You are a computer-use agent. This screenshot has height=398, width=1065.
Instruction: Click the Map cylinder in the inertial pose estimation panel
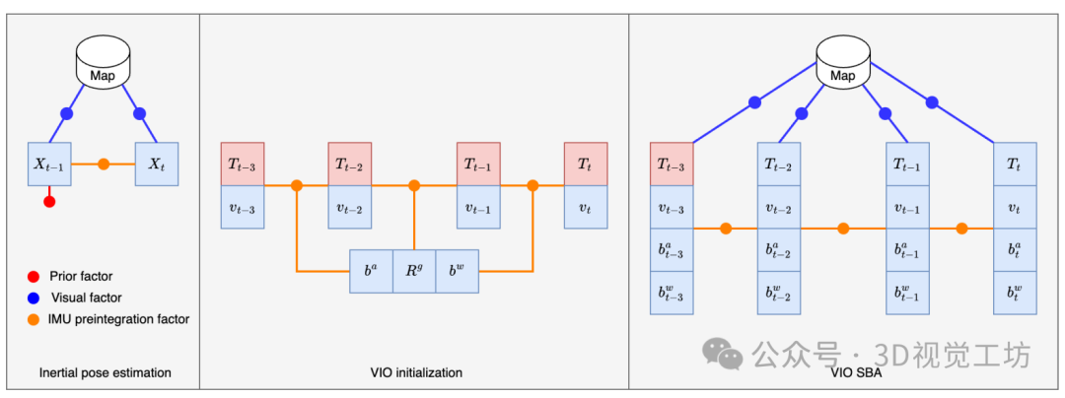pyautogui.click(x=103, y=62)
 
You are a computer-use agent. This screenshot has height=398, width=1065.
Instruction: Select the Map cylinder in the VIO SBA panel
pyautogui.click(x=843, y=62)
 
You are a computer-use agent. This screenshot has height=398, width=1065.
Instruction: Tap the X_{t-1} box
pyautogui.click(x=49, y=165)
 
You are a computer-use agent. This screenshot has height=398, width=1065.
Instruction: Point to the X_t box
pyautogui.click(x=156, y=165)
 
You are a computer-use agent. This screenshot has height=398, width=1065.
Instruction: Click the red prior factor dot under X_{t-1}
pyautogui.click(x=49, y=201)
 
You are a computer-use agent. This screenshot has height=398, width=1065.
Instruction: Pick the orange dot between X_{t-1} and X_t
pyautogui.click(x=104, y=165)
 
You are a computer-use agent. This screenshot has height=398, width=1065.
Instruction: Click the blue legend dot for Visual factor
pyautogui.click(x=32, y=297)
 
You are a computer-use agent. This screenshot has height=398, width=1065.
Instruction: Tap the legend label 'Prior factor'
pyautogui.click(x=81, y=276)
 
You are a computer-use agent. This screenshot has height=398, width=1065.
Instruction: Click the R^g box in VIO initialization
pyautogui.click(x=414, y=271)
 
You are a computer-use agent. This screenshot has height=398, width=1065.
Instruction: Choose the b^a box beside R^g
pyautogui.click(x=372, y=271)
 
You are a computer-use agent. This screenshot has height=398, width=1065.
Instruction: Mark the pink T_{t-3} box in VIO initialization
pyautogui.click(x=243, y=164)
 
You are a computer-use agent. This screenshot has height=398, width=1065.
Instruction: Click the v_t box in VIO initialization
pyautogui.click(x=586, y=207)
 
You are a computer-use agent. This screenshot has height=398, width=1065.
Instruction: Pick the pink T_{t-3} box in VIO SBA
pyautogui.click(x=672, y=164)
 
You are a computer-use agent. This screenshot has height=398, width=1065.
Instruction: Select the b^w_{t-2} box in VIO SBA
pyautogui.click(x=779, y=293)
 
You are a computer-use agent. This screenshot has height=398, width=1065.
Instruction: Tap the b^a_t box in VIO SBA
pyautogui.click(x=1016, y=249)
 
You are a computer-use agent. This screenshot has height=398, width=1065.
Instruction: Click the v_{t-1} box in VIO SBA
pyautogui.click(x=908, y=207)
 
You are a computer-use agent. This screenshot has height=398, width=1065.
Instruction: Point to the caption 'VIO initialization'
pyautogui.click(x=416, y=372)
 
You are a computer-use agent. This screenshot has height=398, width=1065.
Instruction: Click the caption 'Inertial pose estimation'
pyautogui.click(x=106, y=372)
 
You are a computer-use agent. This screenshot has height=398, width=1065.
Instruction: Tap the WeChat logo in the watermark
pyautogui.click(x=723, y=353)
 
